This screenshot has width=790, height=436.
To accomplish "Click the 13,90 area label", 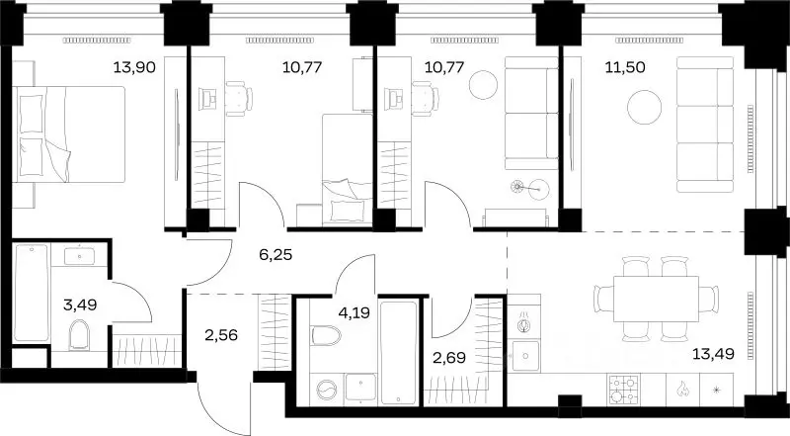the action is [x=134, y=66].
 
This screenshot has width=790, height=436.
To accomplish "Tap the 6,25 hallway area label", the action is [x=276, y=255].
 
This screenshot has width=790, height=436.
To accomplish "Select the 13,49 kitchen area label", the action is [x=713, y=354].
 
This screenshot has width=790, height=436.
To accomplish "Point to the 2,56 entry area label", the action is [x=221, y=335].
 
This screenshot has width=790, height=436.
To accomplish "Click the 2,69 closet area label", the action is [x=449, y=358].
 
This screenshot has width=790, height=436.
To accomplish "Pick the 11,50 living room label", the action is [x=625, y=67].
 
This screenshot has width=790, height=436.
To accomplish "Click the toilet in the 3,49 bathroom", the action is [x=79, y=334].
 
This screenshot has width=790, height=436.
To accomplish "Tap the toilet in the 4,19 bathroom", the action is [x=326, y=334].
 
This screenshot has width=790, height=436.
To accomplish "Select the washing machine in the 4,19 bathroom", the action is [x=326, y=390].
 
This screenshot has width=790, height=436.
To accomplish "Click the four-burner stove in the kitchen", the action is [x=624, y=390].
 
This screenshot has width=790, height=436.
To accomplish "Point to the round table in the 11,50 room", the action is [x=645, y=107].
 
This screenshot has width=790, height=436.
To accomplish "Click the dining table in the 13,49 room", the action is [x=656, y=299].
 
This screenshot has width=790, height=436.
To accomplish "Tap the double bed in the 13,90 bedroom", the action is [x=68, y=134].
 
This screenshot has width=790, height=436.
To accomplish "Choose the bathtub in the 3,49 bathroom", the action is [x=32, y=293].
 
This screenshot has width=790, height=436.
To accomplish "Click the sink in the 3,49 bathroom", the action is [x=79, y=255].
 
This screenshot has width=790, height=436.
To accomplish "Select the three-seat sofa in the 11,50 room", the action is [x=705, y=125].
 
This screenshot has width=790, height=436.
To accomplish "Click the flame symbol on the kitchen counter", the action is [x=682, y=389].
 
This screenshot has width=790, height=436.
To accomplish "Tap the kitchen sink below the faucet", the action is [x=525, y=356].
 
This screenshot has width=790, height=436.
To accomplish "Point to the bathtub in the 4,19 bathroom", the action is [x=399, y=353].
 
